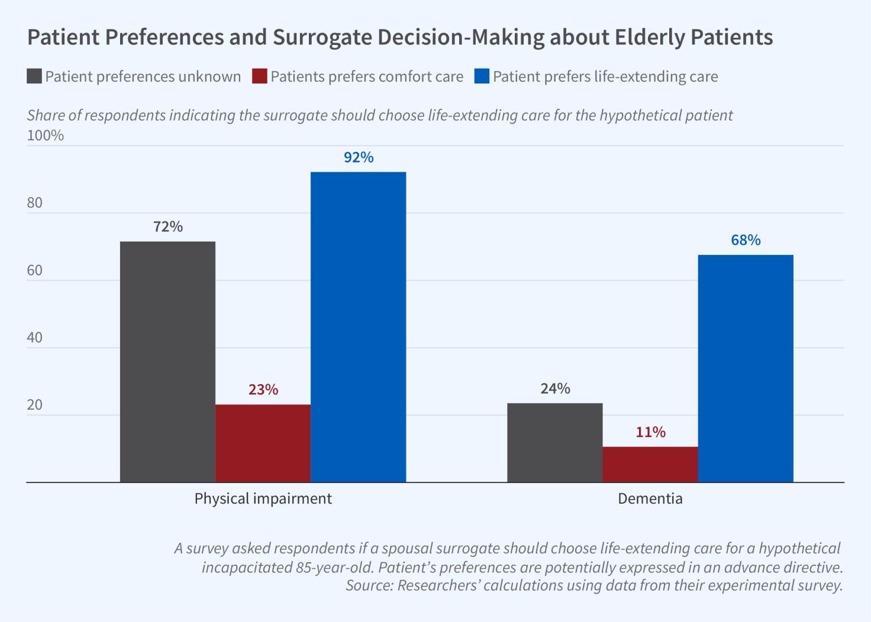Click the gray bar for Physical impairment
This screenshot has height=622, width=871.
(x=167, y=362)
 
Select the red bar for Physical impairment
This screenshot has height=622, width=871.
(x=263, y=443)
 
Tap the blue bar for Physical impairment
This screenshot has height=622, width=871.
(x=358, y=327)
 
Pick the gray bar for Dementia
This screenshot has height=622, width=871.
(x=554, y=443)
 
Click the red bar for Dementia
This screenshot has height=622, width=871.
(x=650, y=464)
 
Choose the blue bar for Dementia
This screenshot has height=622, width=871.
(x=746, y=368)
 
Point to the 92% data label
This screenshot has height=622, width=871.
(x=359, y=157)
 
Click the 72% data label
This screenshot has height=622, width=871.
(x=168, y=226)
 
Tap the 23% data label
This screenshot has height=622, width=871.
(x=263, y=390)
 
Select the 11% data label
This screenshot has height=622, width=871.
(x=650, y=432)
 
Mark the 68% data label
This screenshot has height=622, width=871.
(x=746, y=240)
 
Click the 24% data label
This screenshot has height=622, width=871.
(x=555, y=388)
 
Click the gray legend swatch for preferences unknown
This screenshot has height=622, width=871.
(x=34, y=76)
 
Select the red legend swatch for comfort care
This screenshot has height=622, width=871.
(x=259, y=76)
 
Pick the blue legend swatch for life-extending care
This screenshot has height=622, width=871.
(x=482, y=76)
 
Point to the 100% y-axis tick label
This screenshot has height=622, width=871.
(x=45, y=135)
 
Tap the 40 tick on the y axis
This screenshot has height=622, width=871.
(x=34, y=338)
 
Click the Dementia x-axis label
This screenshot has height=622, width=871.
(x=650, y=498)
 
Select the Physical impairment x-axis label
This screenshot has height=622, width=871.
(x=263, y=498)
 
